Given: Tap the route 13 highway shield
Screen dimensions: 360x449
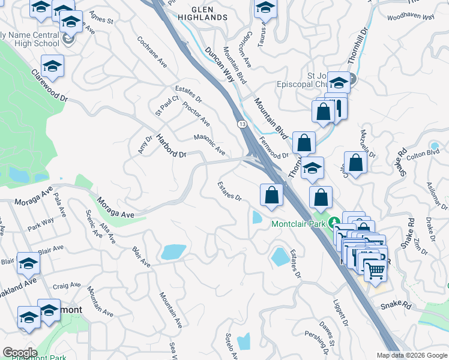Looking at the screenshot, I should pos(241,124).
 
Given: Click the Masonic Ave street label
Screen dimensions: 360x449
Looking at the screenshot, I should pos(209,145).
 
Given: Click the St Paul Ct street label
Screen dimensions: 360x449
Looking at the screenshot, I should pos(167,106).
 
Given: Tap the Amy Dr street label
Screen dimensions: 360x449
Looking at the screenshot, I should pos(144,144).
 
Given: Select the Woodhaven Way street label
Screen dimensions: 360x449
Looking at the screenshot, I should pos(411,17).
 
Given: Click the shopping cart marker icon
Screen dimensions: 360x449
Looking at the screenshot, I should pos(375,271).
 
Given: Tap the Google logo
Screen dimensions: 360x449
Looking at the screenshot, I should pos(20,353).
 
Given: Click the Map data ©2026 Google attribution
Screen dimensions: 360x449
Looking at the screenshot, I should pos(411,355).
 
